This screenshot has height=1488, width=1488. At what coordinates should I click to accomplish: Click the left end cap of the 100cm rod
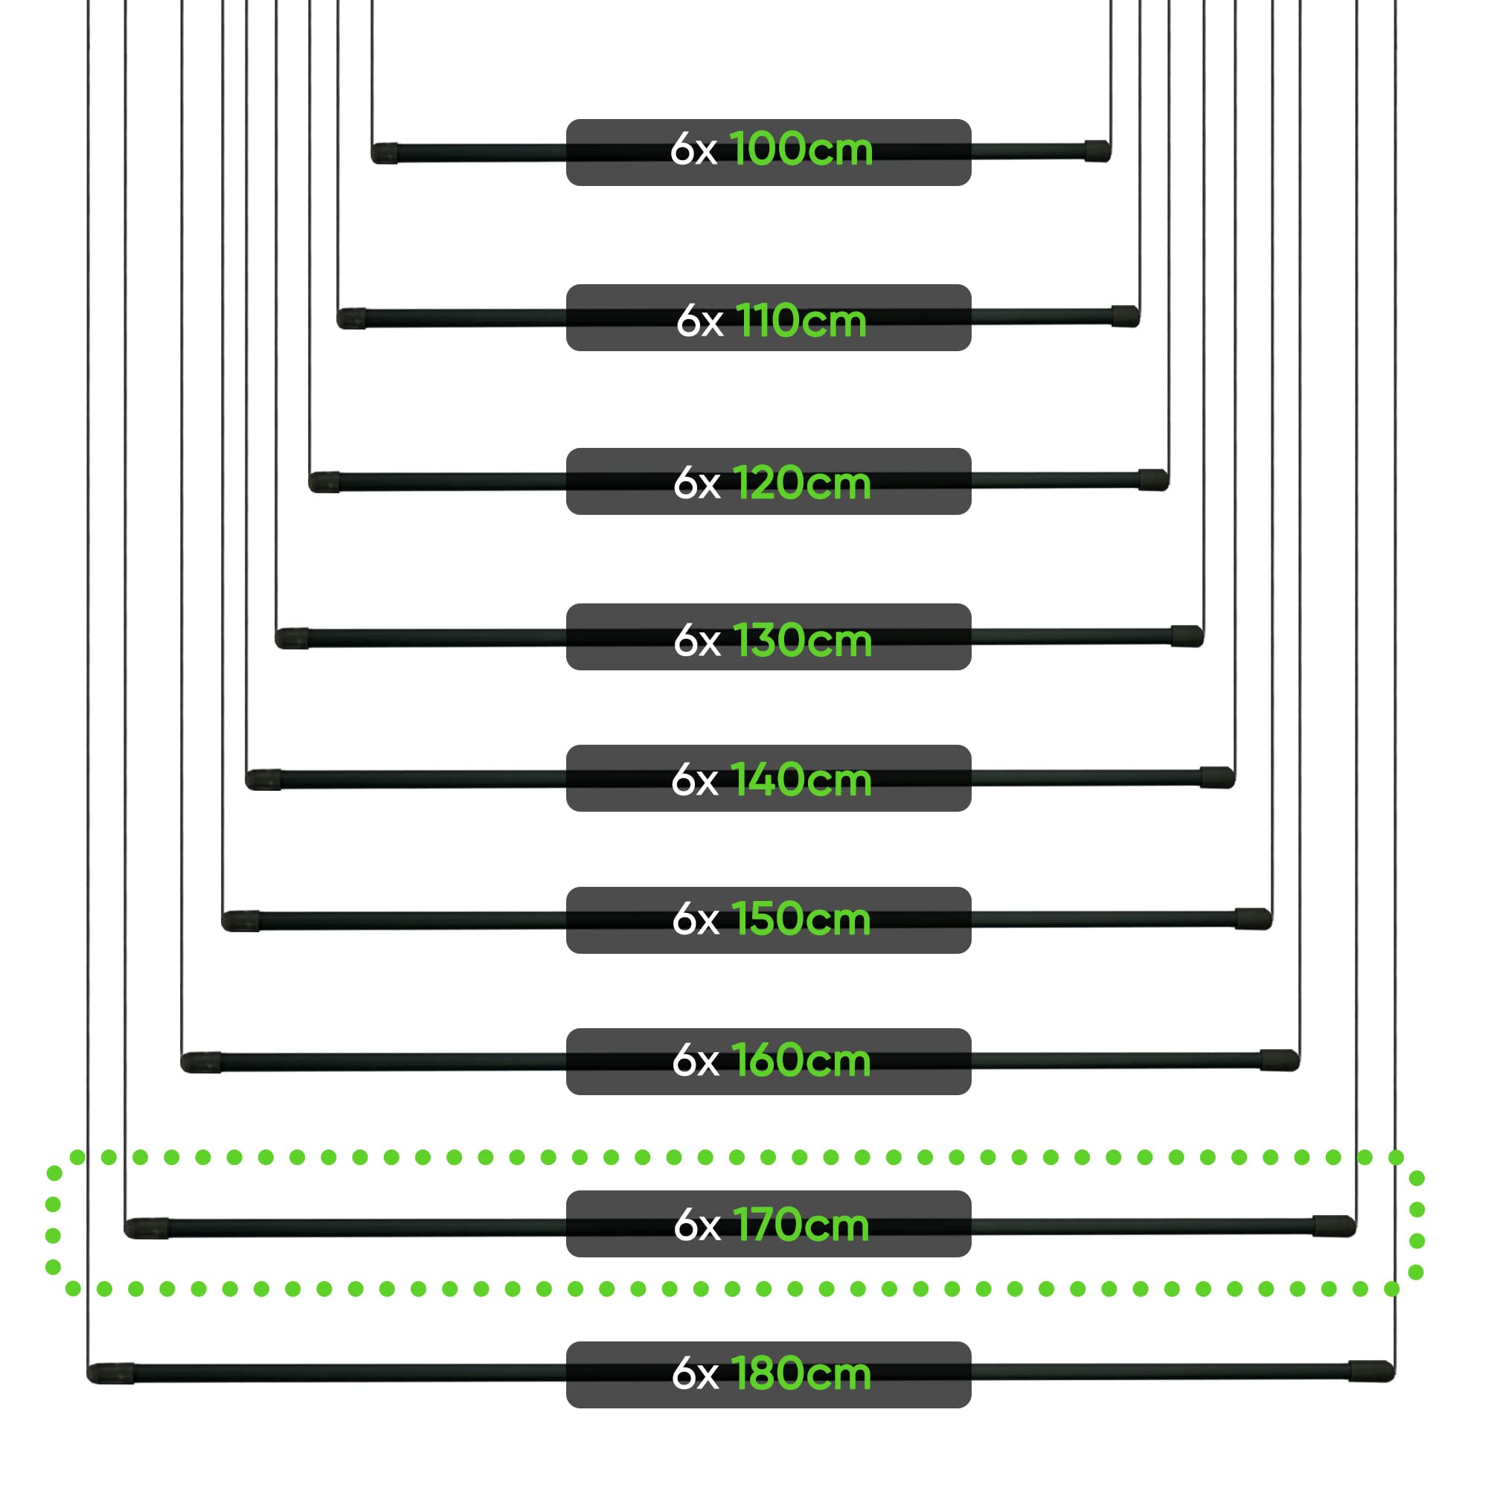(x=385, y=153)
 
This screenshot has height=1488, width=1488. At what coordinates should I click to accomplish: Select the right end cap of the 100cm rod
(x=1097, y=151)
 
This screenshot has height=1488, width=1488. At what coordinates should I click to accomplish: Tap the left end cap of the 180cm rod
(x=111, y=1373)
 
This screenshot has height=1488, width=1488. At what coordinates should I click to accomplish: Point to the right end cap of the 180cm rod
(x=1372, y=1371)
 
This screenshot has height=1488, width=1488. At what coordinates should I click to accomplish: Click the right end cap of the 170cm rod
(x=1334, y=1225)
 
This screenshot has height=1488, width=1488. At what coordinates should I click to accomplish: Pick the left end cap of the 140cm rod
(x=263, y=780)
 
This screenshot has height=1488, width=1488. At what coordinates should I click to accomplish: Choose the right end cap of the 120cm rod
(x=1154, y=480)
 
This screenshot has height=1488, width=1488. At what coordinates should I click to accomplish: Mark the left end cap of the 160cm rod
(x=201, y=1063)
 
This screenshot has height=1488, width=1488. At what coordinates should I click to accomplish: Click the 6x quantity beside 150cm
(x=696, y=920)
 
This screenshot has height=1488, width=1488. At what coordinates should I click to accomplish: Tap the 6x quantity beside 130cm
(x=697, y=641)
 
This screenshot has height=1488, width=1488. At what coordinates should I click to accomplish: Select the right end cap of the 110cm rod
(x=1125, y=315)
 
